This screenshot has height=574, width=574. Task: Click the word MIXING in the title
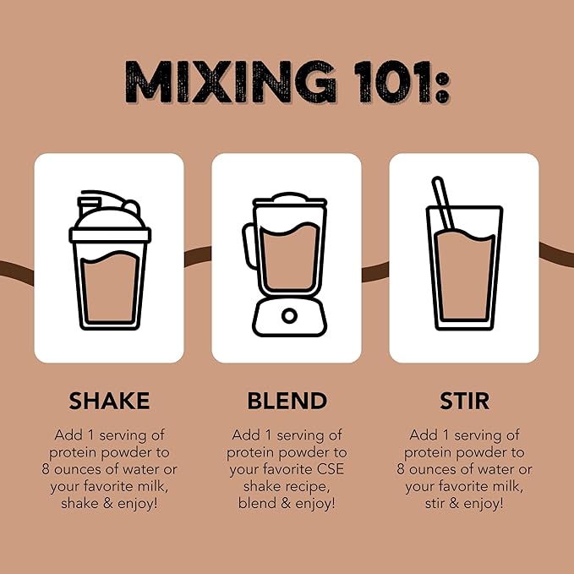(x=230, y=82)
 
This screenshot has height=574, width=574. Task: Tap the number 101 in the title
(x=392, y=82)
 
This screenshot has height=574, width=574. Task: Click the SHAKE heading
(x=109, y=401)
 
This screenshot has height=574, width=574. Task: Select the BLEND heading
(x=287, y=401)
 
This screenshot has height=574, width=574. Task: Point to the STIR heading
(x=464, y=401)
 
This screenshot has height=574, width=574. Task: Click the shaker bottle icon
(x=110, y=260)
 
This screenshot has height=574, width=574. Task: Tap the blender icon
(x=286, y=265)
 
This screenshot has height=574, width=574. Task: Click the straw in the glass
(x=443, y=203)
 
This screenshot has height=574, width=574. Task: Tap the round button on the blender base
(x=289, y=316)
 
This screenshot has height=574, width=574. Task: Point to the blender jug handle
(x=249, y=246)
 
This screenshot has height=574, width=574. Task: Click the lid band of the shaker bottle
(x=110, y=235)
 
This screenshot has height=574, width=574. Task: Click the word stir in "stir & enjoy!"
(x=435, y=503)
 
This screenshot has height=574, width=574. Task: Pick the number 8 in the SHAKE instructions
(x=46, y=469)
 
